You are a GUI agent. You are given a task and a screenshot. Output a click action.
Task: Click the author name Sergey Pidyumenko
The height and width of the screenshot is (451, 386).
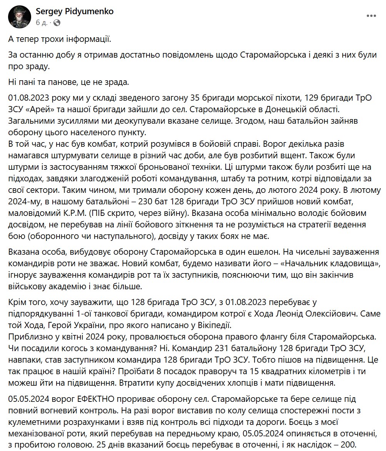click(x=75, y=12)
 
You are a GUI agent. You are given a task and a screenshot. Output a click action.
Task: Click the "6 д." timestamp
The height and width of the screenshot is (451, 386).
click(x=41, y=23)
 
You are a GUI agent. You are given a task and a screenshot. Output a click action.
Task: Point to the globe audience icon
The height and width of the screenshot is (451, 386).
click(x=57, y=23)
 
